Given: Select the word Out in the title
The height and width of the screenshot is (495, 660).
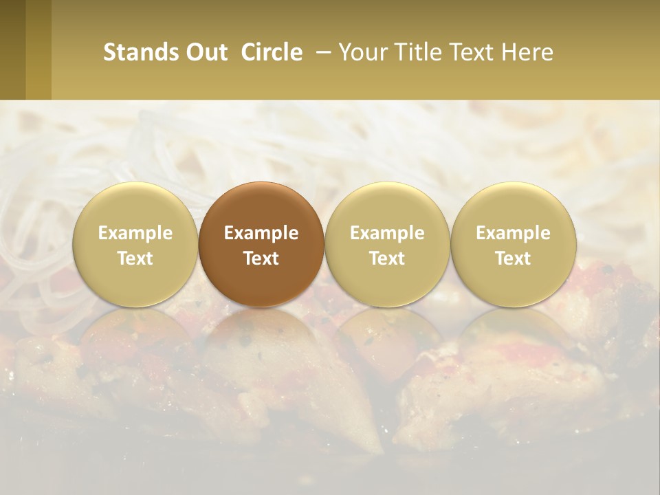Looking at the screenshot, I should pos(206,52).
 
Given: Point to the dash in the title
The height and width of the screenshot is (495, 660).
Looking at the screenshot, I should pos(322,52).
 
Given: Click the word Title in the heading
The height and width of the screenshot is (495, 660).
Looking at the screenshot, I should pos(422,52).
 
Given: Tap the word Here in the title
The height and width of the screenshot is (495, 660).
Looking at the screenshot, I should pos(529,52).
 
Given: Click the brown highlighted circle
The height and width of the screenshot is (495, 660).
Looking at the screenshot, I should pos(261,244).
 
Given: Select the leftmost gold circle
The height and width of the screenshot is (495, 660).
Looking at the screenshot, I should pos(135,244).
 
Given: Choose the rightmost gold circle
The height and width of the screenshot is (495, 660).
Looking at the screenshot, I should pos(513,244).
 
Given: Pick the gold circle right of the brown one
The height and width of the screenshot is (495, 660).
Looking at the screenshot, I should pos(387,244).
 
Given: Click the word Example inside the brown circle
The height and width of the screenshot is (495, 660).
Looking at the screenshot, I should pos(261,233).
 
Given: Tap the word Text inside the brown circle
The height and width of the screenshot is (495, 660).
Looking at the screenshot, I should pos(261,258).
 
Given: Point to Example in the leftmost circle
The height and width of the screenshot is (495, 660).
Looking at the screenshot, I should pos(135,233).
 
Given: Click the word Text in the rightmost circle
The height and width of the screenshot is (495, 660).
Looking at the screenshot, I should pos(513,258).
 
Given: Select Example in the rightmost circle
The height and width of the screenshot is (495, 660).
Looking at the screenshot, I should pos(513,233).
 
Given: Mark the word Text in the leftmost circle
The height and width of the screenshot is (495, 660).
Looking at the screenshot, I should pos(135,258).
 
